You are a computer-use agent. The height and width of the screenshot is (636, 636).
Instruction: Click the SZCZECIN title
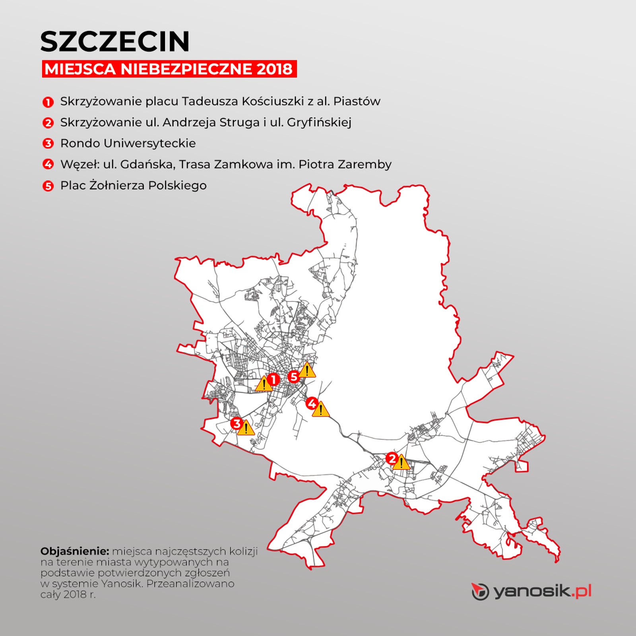(x=115, y=42)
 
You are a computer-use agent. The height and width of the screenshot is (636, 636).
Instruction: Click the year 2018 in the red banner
(x=274, y=69)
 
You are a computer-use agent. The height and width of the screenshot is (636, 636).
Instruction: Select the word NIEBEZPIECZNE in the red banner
(x=187, y=69)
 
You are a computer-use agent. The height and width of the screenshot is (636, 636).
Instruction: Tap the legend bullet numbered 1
(x=48, y=102)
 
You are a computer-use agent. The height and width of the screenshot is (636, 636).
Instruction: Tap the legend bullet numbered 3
(x=48, y=143)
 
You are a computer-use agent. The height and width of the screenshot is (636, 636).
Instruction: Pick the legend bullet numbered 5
(x=48, y=186)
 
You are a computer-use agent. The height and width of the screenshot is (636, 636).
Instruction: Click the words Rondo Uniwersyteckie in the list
(x=128, y=143)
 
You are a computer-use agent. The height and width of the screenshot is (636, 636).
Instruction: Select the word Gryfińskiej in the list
(x=319, y=122)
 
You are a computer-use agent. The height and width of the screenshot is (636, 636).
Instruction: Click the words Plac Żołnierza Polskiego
(x=134, y=186)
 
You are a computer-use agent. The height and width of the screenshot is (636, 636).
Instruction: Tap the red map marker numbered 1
(x=273, y=380)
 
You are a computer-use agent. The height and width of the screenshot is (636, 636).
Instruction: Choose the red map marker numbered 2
(x=392, y=458)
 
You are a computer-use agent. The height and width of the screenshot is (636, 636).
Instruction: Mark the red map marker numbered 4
(x=312, y=403)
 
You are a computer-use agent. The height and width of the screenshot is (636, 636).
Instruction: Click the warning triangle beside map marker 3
(x=246, y=429)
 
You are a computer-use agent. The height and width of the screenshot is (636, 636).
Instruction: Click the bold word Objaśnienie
(x=75, y=551)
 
